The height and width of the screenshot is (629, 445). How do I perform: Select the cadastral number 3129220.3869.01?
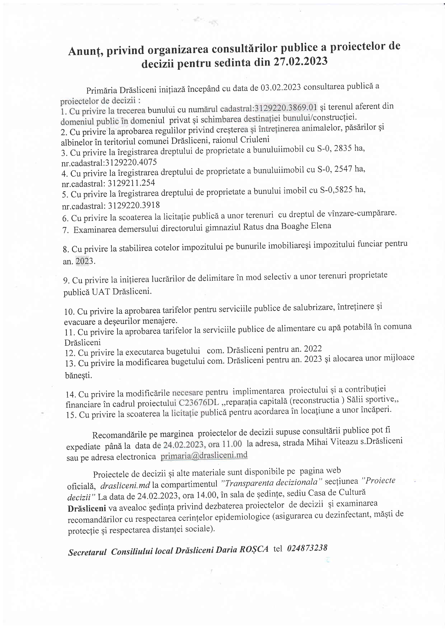286,107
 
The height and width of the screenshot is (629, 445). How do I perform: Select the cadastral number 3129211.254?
131,183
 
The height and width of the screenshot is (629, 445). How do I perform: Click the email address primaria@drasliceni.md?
204,456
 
